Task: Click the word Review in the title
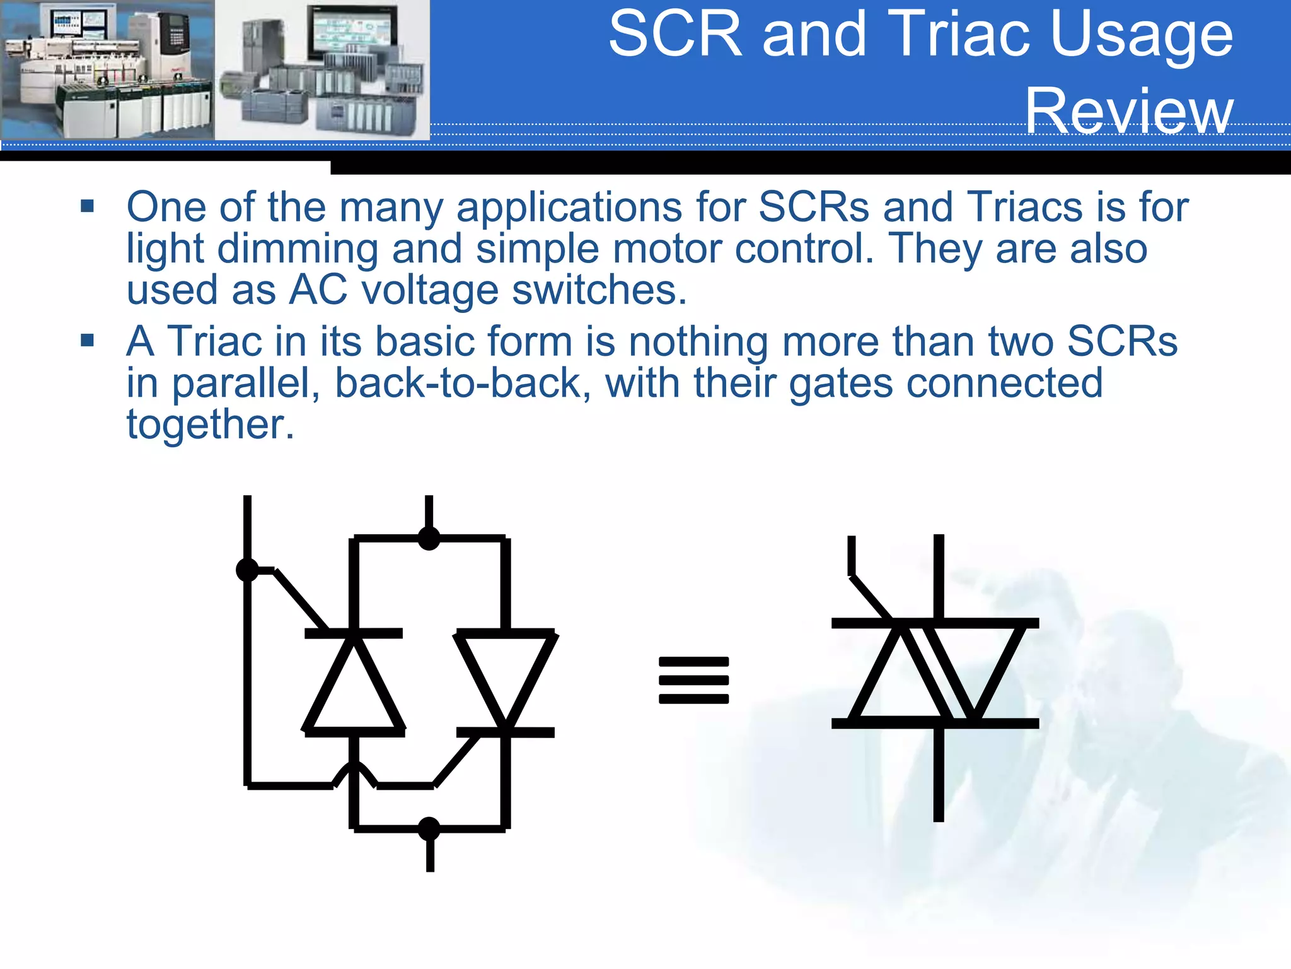tap(1129, 111)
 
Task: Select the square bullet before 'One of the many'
tap(87, 206)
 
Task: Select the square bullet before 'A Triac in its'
tap(87, 341)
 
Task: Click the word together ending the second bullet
tap(210, 425)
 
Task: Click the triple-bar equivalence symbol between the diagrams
tap(693, 680)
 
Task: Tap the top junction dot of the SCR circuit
tap(429, 538)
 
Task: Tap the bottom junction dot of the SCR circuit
tap(429, 828)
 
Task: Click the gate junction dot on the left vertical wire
tap(247, 570)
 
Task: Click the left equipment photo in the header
tap(107, 69)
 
